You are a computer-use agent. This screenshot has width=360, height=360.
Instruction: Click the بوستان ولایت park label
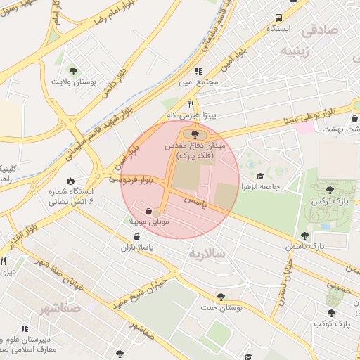click(74, 82)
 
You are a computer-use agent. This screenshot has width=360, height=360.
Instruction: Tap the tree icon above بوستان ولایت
click(74, 70)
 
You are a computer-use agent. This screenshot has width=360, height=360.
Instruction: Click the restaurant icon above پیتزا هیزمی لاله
click(191, 103)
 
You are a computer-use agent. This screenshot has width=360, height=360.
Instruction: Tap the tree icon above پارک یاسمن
click(304, 236)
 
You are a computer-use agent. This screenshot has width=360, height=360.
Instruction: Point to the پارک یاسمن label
click(304, 247)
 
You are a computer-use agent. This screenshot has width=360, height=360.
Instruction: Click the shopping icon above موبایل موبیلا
click(148, 210)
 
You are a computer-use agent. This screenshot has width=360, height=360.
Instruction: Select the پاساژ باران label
click(136, 247)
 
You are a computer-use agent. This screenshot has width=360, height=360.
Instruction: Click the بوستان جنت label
click(221, 307)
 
